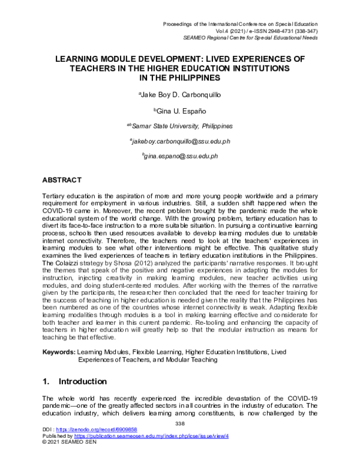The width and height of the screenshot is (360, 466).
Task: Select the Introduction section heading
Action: point(83,381)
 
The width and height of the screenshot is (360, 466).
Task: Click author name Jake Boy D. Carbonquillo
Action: point(180,94)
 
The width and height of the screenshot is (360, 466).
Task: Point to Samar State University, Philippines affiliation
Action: point(180,126)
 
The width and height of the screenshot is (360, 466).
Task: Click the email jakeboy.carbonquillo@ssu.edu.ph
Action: point(180,142)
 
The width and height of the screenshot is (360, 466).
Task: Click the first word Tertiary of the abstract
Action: point(55,196)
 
